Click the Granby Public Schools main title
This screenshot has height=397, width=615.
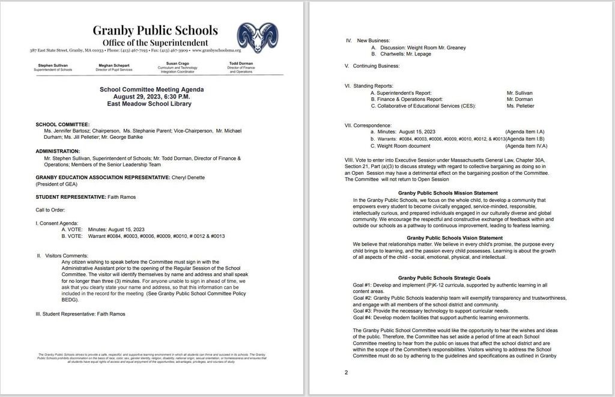tap(155, 30)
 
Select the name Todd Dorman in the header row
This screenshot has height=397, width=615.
tap(242, 63)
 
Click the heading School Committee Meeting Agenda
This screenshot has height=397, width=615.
tap(151, 89)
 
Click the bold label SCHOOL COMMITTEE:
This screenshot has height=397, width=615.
tap(62, 124)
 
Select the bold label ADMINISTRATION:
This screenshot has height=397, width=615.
tap(58, 151)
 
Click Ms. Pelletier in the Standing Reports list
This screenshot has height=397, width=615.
tap(520, 106)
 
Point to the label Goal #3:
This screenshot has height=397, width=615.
tap(364, 311)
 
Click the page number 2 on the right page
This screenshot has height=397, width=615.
tap(347, 372)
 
